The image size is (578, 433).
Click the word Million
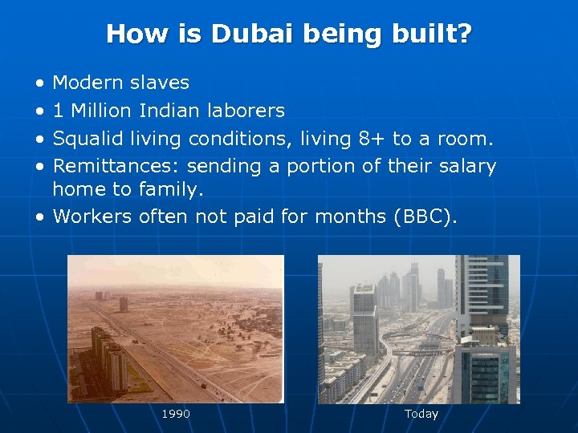pyautogui.click(x=102, y=111)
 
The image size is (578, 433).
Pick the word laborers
pyautogui.click(x=246, y=111)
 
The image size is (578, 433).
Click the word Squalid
pyautogui.click(x=86, y=139)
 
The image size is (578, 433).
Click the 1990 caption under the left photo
pyautogui.click(x=176, y=414)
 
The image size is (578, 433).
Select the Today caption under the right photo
pyautogui.click(x=421, y=414)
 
